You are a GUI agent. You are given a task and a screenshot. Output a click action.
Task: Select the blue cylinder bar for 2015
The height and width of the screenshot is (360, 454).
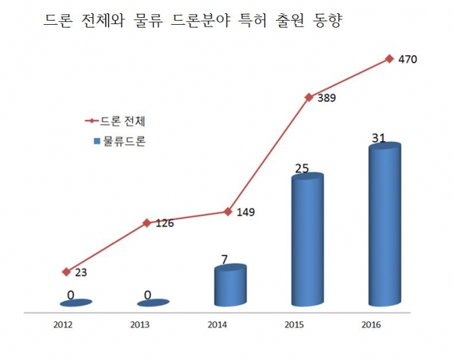tap(307, 241)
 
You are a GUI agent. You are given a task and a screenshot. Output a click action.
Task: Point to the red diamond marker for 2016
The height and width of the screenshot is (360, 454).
tap(390, 59)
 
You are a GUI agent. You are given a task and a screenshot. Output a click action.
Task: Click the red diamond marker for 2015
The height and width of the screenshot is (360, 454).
tap(310, 97)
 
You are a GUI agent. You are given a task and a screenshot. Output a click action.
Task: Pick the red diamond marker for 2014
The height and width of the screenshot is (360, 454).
tap(226, 212)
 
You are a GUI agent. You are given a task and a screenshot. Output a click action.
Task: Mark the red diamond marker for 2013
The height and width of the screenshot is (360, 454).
tap(147, 222)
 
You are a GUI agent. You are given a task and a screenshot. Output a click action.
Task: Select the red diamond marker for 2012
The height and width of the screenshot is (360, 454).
tap(67, 272)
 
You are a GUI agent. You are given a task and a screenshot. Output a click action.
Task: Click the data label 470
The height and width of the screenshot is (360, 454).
tap(408, 59)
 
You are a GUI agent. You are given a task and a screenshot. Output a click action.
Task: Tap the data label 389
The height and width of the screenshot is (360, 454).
tap(327, 98)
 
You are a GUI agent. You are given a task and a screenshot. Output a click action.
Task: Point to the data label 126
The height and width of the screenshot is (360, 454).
tap(164, 223)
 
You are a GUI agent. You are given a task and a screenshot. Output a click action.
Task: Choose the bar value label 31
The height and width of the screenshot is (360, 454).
tap(378, 139)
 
